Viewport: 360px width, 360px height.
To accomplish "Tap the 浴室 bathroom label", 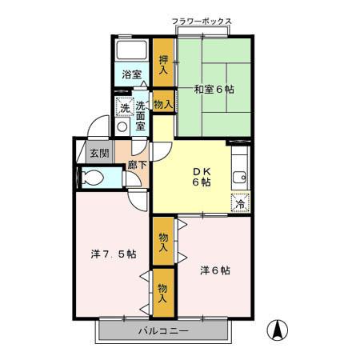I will [132, 75].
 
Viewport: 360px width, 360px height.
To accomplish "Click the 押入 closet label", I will [163, 63].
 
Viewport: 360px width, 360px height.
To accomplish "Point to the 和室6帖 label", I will [211, 90].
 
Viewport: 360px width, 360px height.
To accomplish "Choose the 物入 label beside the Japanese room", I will [162, 103].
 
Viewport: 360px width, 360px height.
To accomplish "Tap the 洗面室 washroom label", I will [140, 116].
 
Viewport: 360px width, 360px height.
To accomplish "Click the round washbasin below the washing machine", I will [122, 126].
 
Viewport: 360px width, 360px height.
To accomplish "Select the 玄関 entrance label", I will [99, 153].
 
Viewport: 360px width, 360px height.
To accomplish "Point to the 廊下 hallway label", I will [137, 166].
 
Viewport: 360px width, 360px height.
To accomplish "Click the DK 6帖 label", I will [202, 176].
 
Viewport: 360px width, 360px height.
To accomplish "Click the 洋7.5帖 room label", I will [113, 254].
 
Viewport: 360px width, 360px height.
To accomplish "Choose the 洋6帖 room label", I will [214, 270].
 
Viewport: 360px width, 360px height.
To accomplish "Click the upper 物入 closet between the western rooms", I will [163, 242].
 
